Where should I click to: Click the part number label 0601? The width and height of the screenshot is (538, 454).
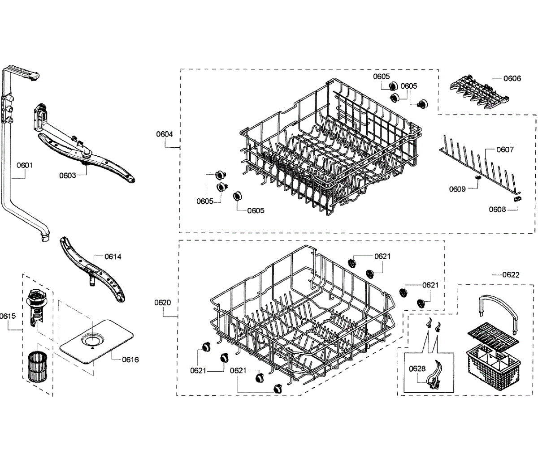coord(25,165)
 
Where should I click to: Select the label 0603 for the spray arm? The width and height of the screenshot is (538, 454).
coord(68,176)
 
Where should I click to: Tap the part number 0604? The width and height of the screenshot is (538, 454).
coord(165,134)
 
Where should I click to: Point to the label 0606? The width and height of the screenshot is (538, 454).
coord(512,78)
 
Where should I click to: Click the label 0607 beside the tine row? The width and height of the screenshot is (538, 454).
coord(505,150)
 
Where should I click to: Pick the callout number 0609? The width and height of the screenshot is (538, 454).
coord(457,189)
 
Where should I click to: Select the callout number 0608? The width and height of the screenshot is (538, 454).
coord(497,209)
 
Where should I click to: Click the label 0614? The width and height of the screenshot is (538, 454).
coord(113,257)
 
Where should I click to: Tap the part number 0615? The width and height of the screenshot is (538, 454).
coord(8,316)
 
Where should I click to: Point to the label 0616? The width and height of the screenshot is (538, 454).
coord(130,359)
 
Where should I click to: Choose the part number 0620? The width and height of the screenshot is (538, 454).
coord(163,302)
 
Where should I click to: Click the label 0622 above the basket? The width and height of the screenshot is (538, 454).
coord(511,274)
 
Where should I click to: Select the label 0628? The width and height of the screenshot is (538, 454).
coord(417,368)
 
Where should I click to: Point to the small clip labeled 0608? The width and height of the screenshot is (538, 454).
coord(518,197)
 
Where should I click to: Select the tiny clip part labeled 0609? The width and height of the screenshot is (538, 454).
coord(477,178)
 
